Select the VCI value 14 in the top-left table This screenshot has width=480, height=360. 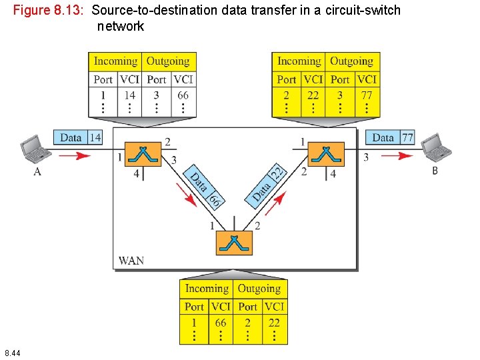pos(129,95)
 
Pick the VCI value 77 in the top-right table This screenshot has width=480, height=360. pos(367,95)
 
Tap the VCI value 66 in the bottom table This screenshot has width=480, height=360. pos(221,323)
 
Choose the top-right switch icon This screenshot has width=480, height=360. pos(326,155)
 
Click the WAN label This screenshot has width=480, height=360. pos(131,260)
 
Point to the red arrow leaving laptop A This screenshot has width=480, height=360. pos(74,156)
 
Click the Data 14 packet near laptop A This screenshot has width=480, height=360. pos(77,137)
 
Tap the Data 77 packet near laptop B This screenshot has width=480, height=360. pos(389,137)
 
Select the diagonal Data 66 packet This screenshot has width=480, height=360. pos(203,185)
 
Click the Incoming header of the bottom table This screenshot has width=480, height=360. pos(207,289)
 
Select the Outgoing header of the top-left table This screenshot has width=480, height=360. pos(168,61)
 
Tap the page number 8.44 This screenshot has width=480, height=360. pos(12,352)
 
